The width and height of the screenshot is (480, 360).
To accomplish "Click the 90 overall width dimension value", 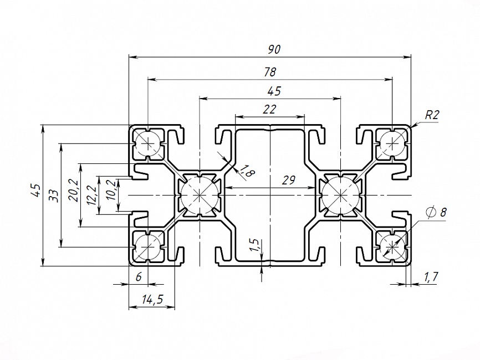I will [x=274, y=49].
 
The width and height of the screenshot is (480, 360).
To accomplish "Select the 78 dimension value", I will [x=270, y=72].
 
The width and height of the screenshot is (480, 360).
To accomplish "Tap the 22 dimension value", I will [x=269, y=110].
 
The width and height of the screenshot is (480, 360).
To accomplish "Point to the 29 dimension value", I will [x=288, y=180].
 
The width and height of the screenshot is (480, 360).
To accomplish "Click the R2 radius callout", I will [x=432, y=115].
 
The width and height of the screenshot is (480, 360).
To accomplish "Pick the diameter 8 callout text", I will [x=436, y=212].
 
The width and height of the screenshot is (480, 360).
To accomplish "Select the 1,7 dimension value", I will [x=430, y=276].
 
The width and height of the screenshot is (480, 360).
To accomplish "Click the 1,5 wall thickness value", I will [x=254, y=246].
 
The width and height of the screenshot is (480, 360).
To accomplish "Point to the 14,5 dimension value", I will [x=152, y=300].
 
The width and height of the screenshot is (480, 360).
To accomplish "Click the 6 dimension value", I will [x=139, y=277].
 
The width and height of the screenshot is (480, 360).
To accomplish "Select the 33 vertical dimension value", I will [x=54, y=195].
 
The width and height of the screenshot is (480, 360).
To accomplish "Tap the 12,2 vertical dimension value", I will [x=91, y=196].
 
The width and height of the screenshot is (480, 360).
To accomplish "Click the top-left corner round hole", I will [x=149, y=143].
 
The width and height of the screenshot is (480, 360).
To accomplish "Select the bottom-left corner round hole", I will [x=149, y=246].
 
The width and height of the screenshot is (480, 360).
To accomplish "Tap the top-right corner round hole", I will [x=392, y=143].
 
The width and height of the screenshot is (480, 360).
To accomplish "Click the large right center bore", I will [x=340, y=195].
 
